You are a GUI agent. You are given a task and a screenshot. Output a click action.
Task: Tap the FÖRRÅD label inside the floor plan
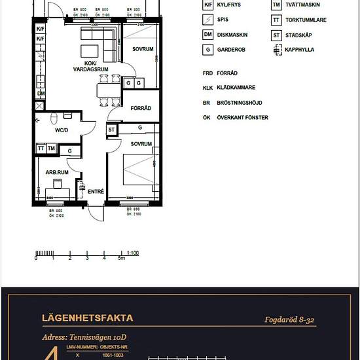click(141, 108)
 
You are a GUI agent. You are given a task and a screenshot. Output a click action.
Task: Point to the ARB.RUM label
click(58, 172)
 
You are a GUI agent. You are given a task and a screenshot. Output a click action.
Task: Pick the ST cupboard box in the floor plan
click(111, 130)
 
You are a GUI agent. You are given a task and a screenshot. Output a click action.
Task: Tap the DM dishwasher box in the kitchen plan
click(41, 94)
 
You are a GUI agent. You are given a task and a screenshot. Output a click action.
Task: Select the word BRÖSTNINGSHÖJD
click(243, 103)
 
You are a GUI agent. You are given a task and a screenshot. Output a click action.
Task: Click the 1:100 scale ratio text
click(132, 252)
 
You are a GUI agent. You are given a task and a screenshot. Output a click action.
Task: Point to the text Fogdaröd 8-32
click(292, 319)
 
